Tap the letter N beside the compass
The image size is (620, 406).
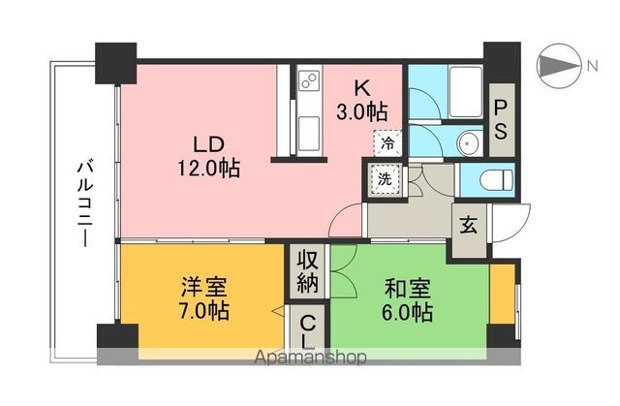[x=590, y=66]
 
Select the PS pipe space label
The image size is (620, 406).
[x=502, y=118]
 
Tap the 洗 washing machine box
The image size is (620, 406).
[x=385, y=179]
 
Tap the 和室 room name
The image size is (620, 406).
[x=405, y=288]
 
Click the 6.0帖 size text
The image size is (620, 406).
[x=405, y=313]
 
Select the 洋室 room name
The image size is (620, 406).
[x=203, y=288]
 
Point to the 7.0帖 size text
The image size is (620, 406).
[x=203, y=313]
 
